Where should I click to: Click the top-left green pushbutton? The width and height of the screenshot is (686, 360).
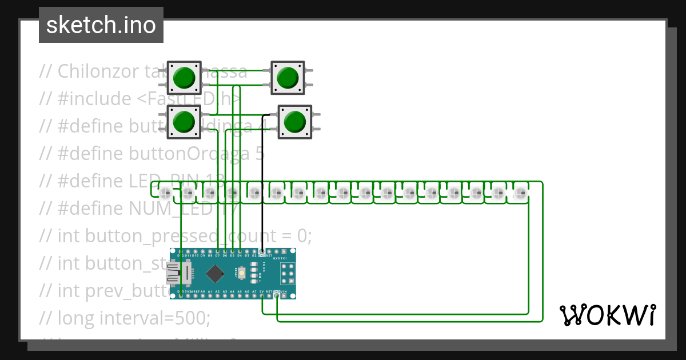pyautogui.click(x=184, y=78)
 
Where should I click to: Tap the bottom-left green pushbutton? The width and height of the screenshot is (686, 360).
pyautogui.click(x=184, y=121)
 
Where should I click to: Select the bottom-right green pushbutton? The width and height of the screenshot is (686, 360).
pyautogui.click(x=294, y=122)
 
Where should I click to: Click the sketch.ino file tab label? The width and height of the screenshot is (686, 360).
pyautogui.click(x=101, y=25)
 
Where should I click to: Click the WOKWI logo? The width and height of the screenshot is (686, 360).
pyautogui.click(x=607, y=315)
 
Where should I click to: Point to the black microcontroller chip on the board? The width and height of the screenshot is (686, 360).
pyautogui.click(x=215, y=274)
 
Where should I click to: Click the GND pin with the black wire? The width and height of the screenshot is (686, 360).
pyautogui.click(x=262, y=252)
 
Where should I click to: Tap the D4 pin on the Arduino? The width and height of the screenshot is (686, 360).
pyautogui.click(x=240, y=252)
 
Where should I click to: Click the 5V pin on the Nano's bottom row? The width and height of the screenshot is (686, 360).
pyautogui.click(x=262, y=295)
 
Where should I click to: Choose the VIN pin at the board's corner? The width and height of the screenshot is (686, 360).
pyautogui.click(x=284, y=295)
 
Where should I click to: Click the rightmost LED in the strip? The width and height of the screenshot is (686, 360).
pyautogui.click(x=519, y=193)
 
